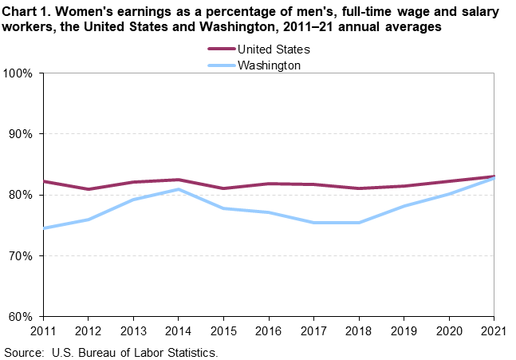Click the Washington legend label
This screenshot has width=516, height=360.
(269, 65)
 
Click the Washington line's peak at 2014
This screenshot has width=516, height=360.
(179, 189)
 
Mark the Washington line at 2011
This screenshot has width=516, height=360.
(44, 228)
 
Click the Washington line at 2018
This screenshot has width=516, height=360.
(360, 223)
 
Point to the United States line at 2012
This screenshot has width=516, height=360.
(89, 189)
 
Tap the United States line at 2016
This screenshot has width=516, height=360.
(270, 184)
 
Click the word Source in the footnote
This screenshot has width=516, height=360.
(24, 351)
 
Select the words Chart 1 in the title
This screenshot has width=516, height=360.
(26, 11)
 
